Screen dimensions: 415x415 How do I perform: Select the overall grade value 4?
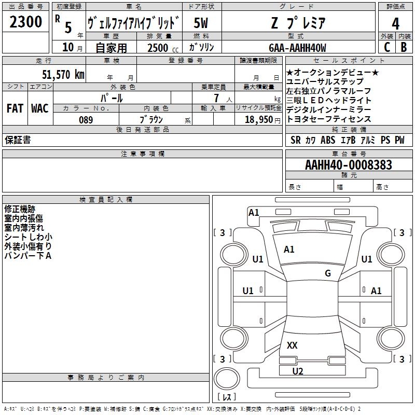[x=396, y=23]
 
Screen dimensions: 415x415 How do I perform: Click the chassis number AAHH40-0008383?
[x=349, y=165]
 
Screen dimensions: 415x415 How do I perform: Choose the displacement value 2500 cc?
[x=158, y=48]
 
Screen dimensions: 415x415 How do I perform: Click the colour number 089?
[x=86, y=120]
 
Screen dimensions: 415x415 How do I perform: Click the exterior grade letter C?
[x=386, y=47]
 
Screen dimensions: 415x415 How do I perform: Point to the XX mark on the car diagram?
[x=292, y=345]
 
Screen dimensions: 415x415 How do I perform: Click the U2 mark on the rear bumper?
[x=297, y=371]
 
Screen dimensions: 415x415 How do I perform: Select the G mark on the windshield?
[x=327, y=273]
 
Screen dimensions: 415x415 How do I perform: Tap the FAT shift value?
[x=15, y=108]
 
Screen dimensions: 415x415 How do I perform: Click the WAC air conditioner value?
[x=39, y=108]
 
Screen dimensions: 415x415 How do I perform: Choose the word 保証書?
[x=18, y=140]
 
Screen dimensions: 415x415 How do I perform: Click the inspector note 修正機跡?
[x=20, y=209]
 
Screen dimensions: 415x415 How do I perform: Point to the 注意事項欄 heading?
[x=143, y=154]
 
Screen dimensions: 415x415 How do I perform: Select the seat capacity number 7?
[x=215, y=98]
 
